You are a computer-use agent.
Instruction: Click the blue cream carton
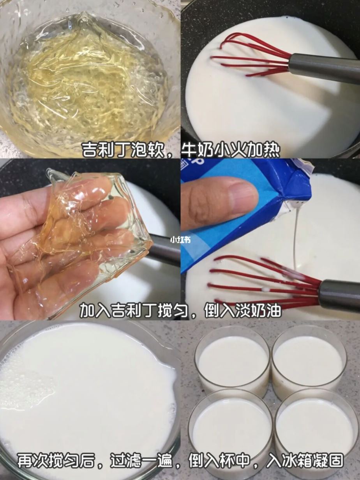249,218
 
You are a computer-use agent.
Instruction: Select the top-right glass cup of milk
308,358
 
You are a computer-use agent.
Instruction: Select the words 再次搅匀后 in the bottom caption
56,461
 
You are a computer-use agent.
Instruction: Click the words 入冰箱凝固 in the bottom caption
306,461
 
